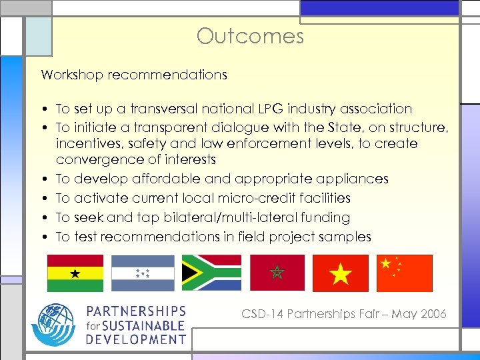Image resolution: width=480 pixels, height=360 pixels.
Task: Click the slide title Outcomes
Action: [x=250, y=35]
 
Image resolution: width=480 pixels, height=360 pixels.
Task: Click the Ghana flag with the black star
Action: [x=75, y=273]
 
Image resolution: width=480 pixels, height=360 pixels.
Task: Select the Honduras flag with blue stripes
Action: [x=143, y=273]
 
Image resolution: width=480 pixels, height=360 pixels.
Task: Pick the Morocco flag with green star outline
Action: [x=277, y=273]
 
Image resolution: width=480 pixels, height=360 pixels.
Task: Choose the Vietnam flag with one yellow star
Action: [x=341, y=273]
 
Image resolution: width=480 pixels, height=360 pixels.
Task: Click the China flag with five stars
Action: [x=404, y=273]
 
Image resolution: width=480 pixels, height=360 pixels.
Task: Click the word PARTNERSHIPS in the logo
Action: [x=135, y=312]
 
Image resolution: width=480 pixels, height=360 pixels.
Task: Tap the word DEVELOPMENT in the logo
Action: [x=135, y=339]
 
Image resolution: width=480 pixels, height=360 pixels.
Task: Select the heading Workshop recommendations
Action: [x=134, y=75]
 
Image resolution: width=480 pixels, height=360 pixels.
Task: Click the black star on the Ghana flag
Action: [x=75, y=273]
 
